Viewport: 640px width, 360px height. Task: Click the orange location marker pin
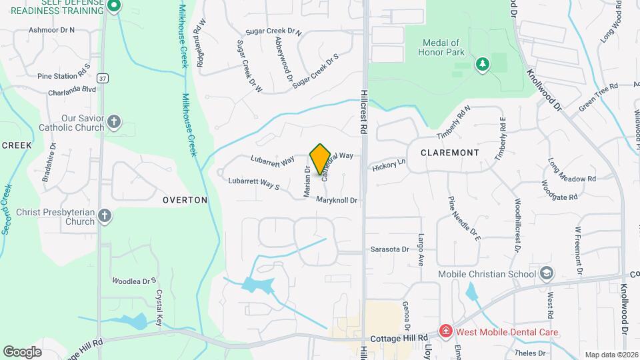(x=321, y=158)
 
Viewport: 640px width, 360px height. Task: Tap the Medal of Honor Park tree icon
(x=482, y=64)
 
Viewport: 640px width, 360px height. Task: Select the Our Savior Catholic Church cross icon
(x=114, y=121)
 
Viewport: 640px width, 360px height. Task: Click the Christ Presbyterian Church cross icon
(x=104, y=216)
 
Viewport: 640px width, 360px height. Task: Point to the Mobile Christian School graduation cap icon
(x=547, y=273)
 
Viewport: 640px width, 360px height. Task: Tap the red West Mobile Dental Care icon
(x=445, y=331)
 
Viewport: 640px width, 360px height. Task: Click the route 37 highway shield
(x=101, y=78)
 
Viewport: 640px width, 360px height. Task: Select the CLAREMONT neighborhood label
(x=450, y=153)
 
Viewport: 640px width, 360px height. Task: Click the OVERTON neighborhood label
(x=185, y=200)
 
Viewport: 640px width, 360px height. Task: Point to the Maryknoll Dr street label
(x=337, y=200)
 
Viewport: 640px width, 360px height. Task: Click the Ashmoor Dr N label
(x=52, y=30)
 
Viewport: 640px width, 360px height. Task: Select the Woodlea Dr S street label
(x=134, y=281)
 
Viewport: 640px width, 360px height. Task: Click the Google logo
(x=22, y=351)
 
